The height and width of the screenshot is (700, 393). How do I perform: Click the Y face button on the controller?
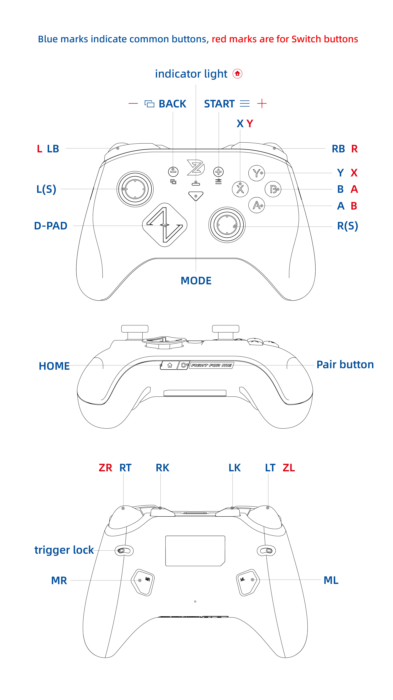pos(256,173)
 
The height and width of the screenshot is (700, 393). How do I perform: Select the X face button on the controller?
pos(240,189)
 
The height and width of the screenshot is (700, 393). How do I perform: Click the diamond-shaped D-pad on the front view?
pos(165,225)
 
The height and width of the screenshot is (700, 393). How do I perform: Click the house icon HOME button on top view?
pos(170,365)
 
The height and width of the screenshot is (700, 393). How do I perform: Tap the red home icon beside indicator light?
pos(237,74)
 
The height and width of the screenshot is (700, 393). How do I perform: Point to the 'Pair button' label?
pos(345,365)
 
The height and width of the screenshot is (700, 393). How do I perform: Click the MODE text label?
pos(196,281)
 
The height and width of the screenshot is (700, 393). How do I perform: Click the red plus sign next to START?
pos(262,104)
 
